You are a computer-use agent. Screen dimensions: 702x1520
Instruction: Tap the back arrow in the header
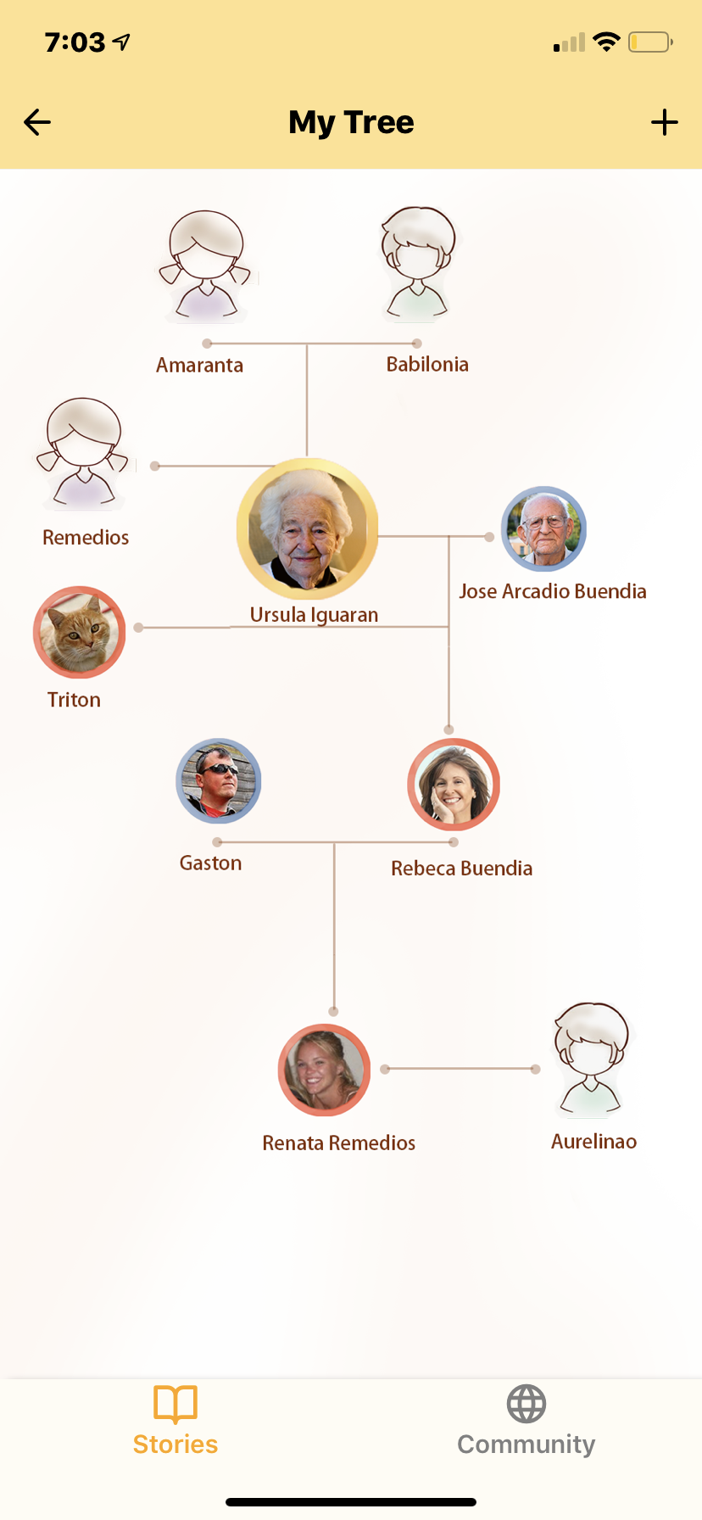click(37, 122)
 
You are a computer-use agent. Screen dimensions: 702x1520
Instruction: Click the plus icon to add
click(665, 122)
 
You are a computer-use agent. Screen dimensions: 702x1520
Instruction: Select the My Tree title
click(351, 122)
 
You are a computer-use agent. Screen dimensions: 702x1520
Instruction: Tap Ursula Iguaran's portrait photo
click(307, 529)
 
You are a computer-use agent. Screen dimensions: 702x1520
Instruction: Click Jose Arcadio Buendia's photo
click(543, 528)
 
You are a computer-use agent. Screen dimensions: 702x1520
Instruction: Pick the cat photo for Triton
click(80, 632)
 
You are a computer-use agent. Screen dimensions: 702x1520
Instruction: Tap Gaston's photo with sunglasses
click(219, 781)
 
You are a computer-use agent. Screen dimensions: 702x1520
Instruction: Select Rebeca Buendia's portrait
click(454, 785)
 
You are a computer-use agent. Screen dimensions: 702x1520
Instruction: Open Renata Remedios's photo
click(324, 1070)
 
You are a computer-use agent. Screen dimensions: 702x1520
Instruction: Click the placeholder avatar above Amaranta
click(205, 266)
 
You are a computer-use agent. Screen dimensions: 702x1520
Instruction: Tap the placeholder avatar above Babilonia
click(417, 265)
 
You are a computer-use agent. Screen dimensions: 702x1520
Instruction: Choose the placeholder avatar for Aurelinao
click(592, 1060)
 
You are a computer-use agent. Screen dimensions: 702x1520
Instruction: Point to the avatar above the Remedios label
click(83, 454)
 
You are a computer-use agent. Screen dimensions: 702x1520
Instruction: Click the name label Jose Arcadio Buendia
click(553, 591)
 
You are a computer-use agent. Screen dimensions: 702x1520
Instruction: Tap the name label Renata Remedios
click(339, 1143)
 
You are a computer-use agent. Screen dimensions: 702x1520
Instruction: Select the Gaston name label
click(211, 863)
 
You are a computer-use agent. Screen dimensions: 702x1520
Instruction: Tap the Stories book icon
click(175, 1404)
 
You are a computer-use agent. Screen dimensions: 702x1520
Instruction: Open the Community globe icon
click(526, 1404)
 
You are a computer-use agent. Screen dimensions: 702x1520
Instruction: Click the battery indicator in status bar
click(649, 42)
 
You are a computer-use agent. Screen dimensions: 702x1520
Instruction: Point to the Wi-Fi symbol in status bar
click(606, 42)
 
